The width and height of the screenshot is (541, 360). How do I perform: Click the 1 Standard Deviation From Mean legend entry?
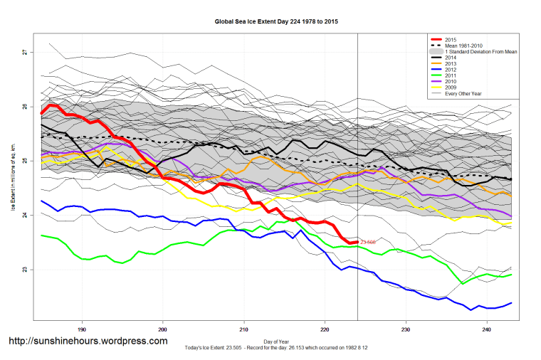click(481, 53)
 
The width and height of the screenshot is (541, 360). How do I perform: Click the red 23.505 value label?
click(368, 243)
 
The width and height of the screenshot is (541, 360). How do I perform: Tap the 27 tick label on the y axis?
click(24, 52)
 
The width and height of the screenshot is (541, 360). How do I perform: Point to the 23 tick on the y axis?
click(24, 270)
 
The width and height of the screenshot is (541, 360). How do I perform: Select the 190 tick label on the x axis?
click(83, 329)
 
